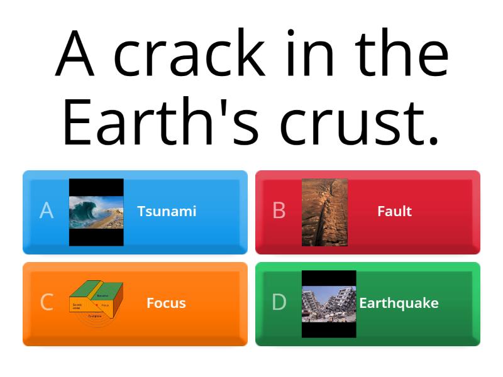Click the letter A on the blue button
pos(47,211)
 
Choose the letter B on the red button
pos(279,211)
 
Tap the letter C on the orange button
pos(47,303)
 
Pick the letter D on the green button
pos(279,303)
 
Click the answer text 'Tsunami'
pos(167,211)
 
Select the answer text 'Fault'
pos(394,211)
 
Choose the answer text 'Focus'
pos(166,303)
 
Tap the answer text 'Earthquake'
pos(399,303)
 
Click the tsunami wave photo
pos(96,212)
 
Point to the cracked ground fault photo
pos(324,212)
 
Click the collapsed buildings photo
pos(329,304)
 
